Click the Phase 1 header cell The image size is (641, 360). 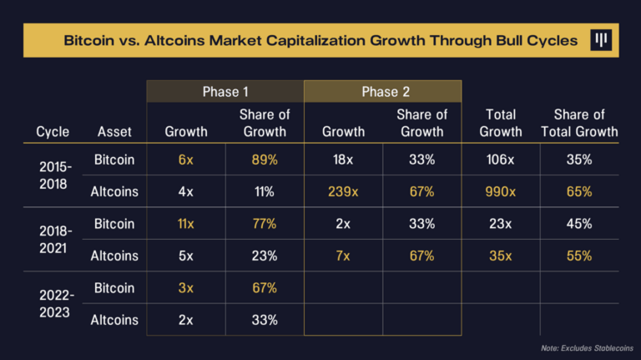[225, 92]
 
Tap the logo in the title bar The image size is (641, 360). [600, 41]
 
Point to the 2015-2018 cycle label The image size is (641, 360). [55, 175]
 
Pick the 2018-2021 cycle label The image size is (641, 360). [55, 240]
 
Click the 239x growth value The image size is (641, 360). [343, 192]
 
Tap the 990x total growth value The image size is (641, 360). [500, 192]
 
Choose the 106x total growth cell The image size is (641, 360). [500, 160]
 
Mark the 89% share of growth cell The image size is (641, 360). [264, 160]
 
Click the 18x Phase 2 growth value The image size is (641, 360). [343, 160]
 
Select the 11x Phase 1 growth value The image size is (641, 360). [186, 224]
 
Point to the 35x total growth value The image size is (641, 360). [500, 256]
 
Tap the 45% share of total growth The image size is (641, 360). [578, 224]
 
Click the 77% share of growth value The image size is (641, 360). [264, 224]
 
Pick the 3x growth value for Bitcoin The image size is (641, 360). [186, 288]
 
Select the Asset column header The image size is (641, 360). [114, 131]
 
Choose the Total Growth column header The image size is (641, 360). [500, 123]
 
